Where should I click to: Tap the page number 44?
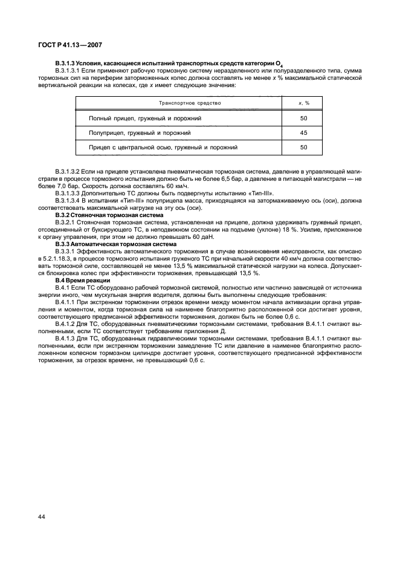[x=43, y=518]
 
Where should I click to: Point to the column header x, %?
[x=304, y=103]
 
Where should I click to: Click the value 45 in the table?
[x=304, y=132]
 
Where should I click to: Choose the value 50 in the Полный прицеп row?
[x=304, y=118]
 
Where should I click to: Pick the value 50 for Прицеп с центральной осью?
[x=304, y=147]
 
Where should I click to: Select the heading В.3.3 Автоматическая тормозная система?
[x=116, y=243]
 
